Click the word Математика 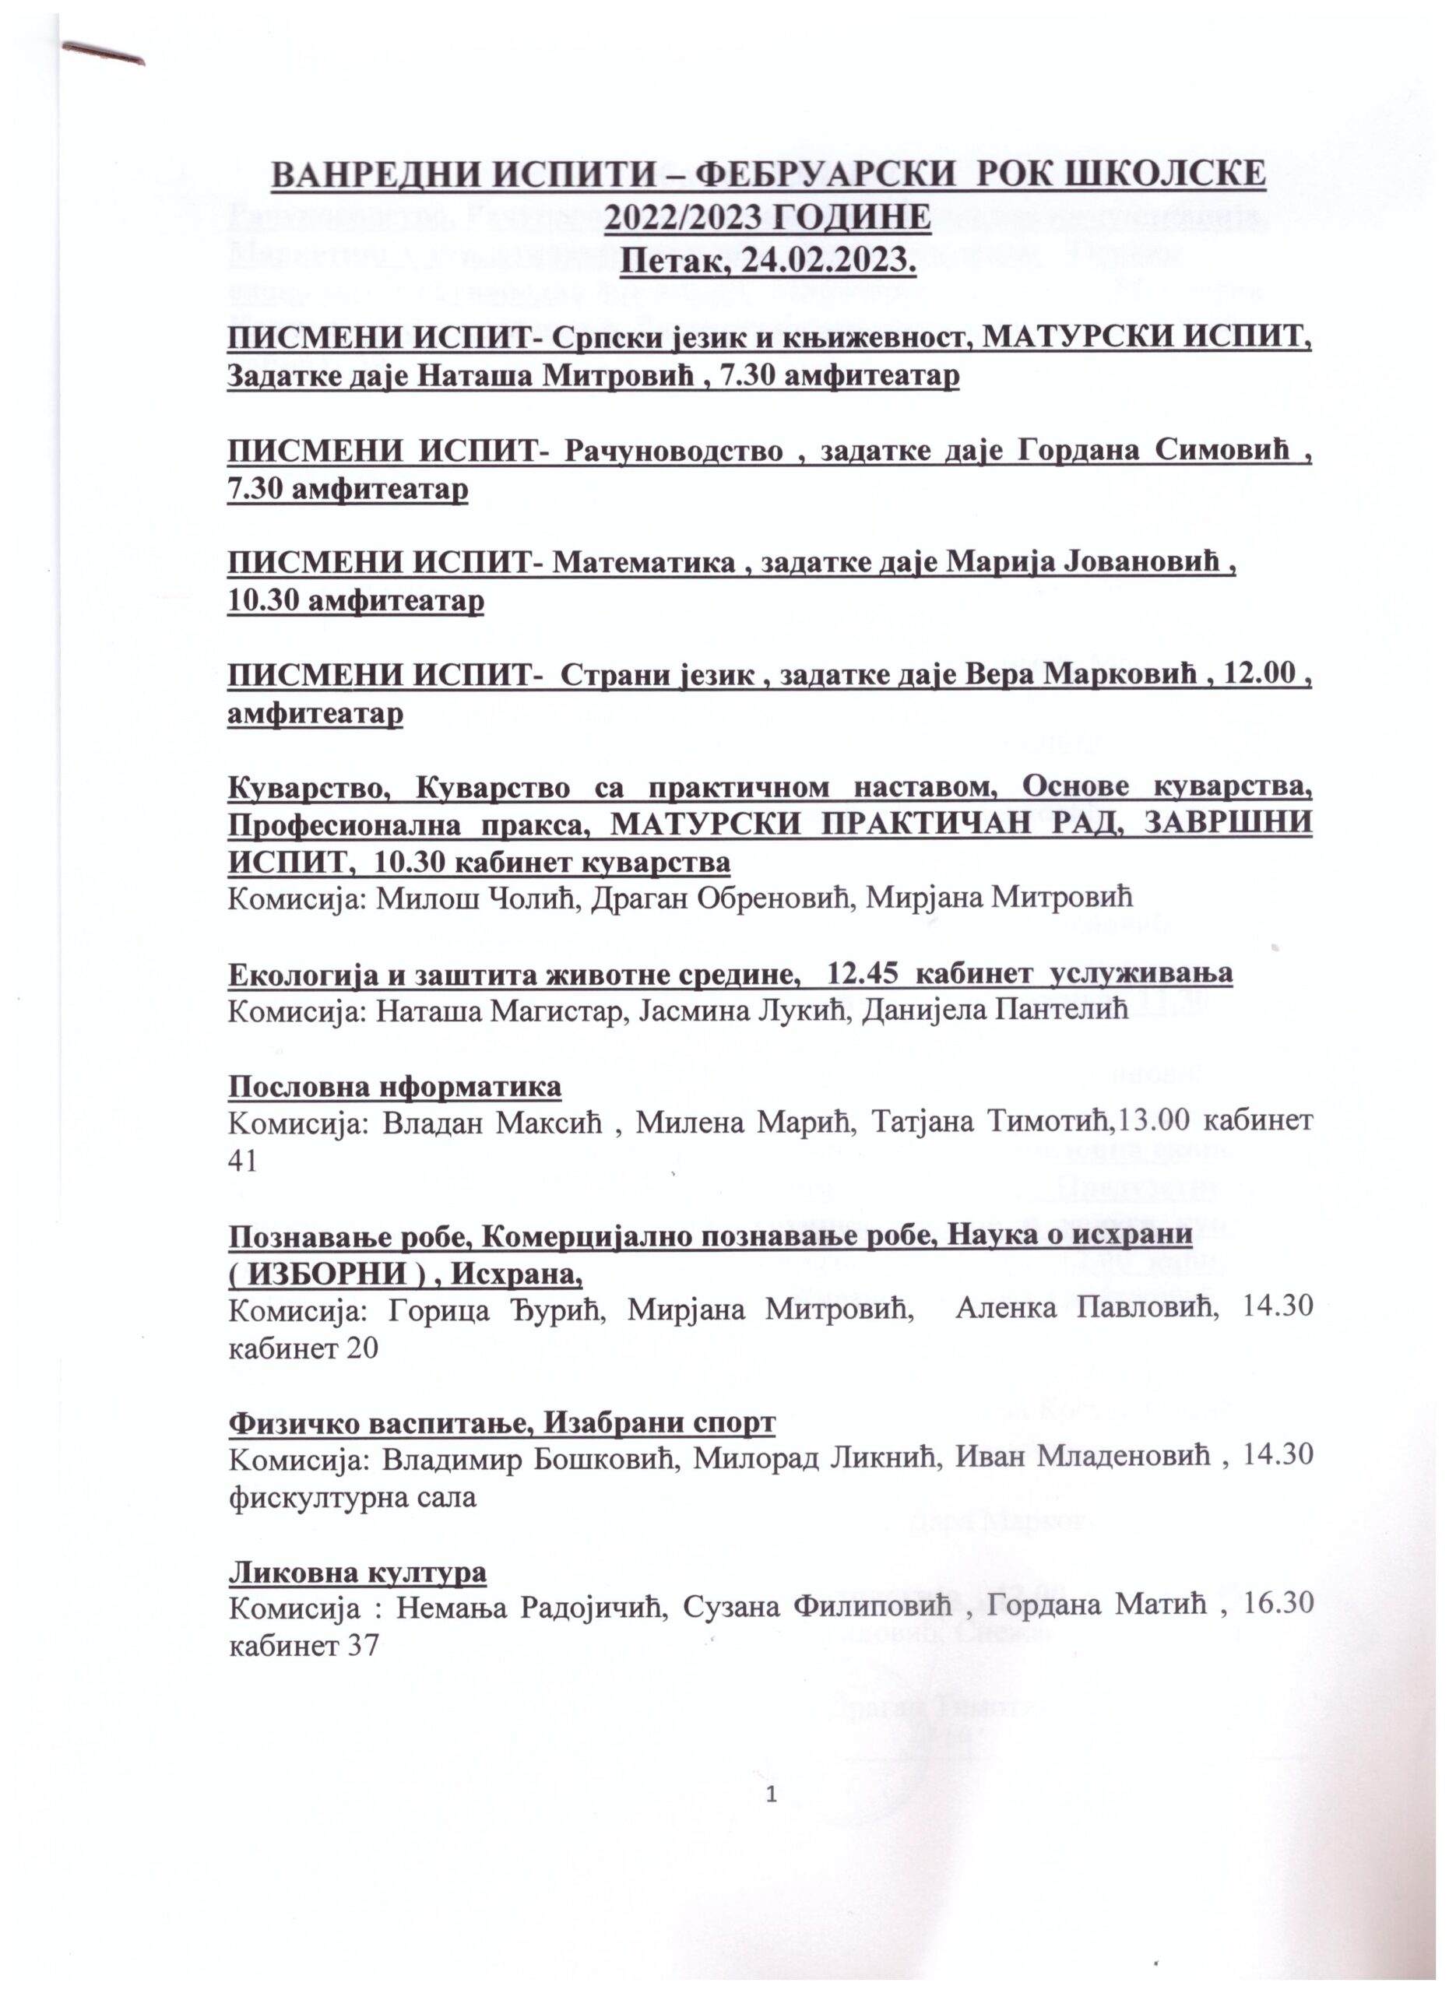(644, 562)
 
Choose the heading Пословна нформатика (395, 1087)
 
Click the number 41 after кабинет (242, 1162)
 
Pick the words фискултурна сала (353, 1496)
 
